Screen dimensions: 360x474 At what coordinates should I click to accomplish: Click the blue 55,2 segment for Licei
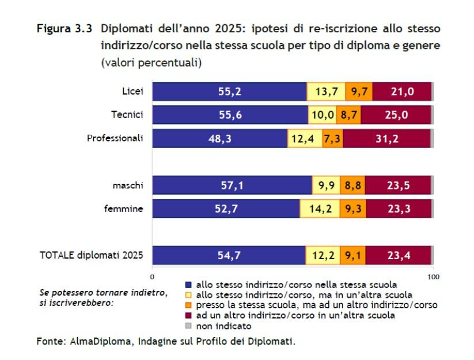tap(229, 92)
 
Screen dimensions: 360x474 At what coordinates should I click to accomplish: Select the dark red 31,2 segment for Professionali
tap(386, 139)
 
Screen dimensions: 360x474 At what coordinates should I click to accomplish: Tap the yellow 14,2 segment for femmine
tap(320, 209)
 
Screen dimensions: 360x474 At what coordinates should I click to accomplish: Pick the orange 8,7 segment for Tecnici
tap(348, 115)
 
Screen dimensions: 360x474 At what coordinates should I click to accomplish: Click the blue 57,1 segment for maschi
tap(232, 185)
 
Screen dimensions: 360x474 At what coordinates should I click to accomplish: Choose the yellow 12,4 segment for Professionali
tap(305, 139)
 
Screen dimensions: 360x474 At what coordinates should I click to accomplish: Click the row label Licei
tap(132, 92)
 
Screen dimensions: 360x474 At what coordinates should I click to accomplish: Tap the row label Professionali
tap(115, 138)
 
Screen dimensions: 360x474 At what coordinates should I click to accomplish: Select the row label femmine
tap(123, 209)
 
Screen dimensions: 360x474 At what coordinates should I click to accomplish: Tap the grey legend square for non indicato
tap(188, 326)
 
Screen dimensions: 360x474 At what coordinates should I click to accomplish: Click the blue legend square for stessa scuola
tap(188, 285)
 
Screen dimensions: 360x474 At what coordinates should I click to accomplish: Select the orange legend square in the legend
tap(188, 305)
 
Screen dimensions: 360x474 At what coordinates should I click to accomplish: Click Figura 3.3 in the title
tap(65, 28)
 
